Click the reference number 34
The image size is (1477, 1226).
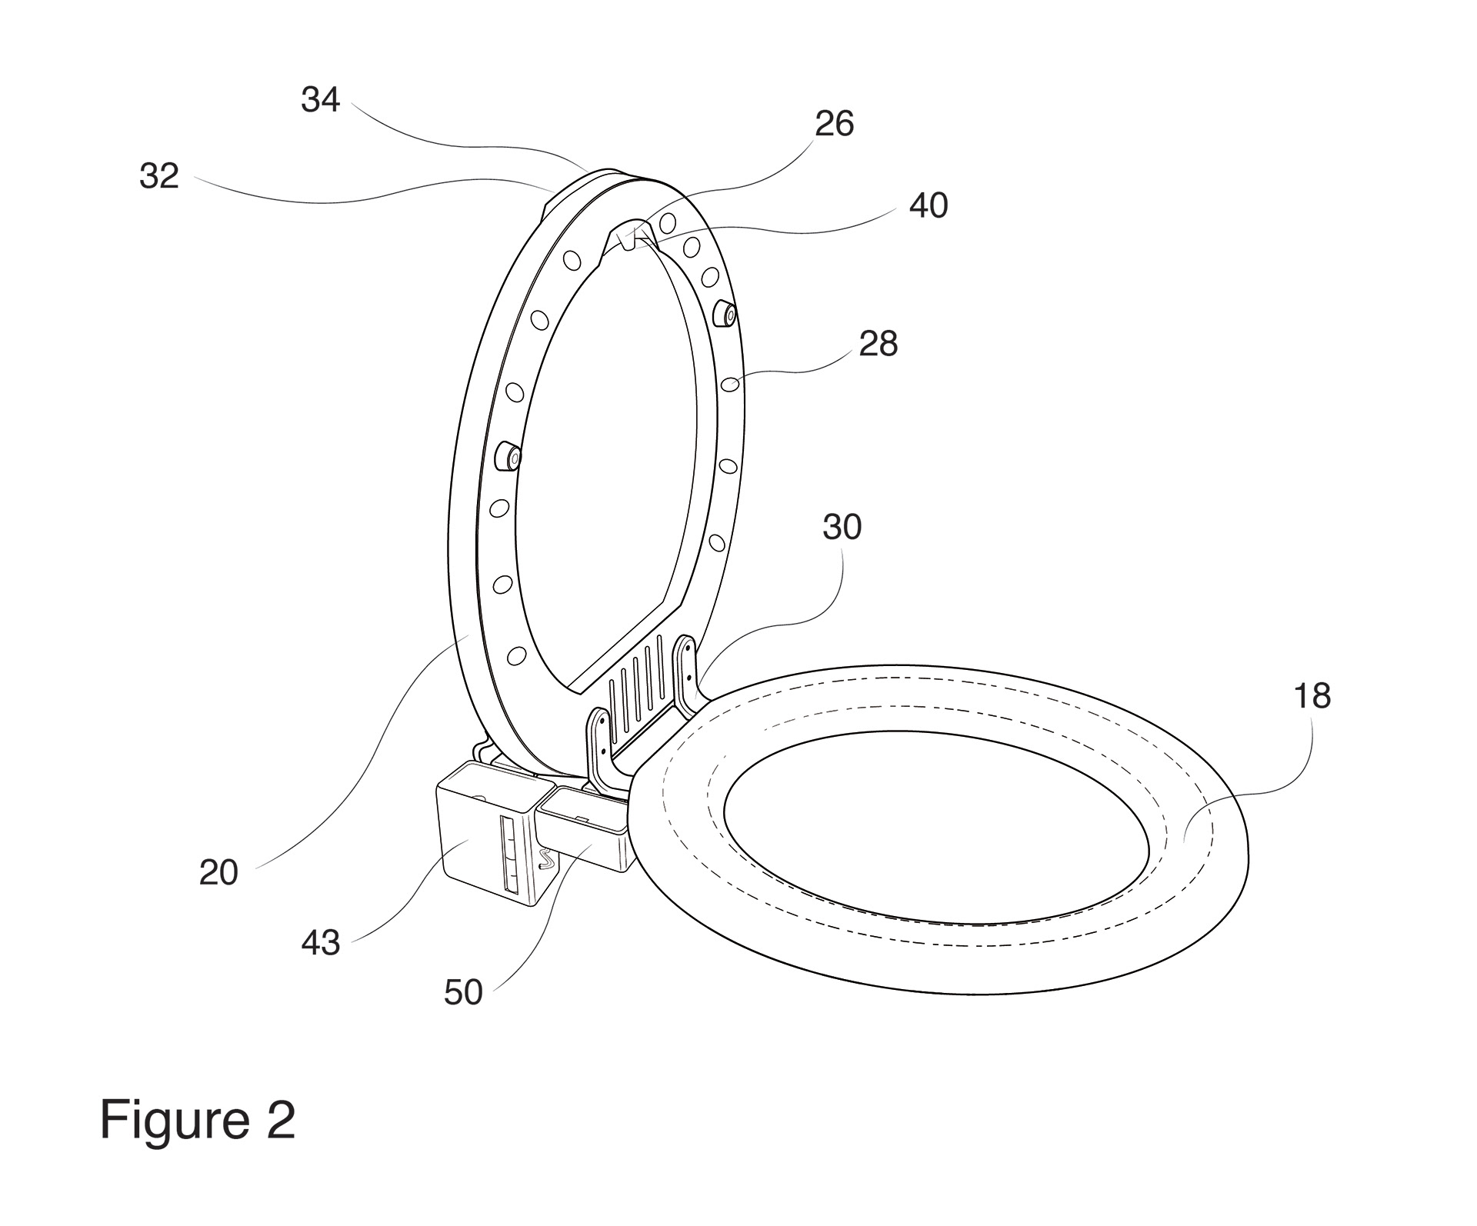point(320,100)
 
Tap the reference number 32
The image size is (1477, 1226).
point(159,176)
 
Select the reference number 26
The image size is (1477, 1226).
point(834,124)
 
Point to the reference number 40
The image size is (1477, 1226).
point(928,205)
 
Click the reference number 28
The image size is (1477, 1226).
point(878,344)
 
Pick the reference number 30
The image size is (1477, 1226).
point(842,528)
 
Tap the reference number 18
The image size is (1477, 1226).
point(1312,696)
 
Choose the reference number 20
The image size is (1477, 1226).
point(218,873)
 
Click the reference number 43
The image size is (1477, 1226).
point(320,943)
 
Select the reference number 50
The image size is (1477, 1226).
point(463,993)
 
